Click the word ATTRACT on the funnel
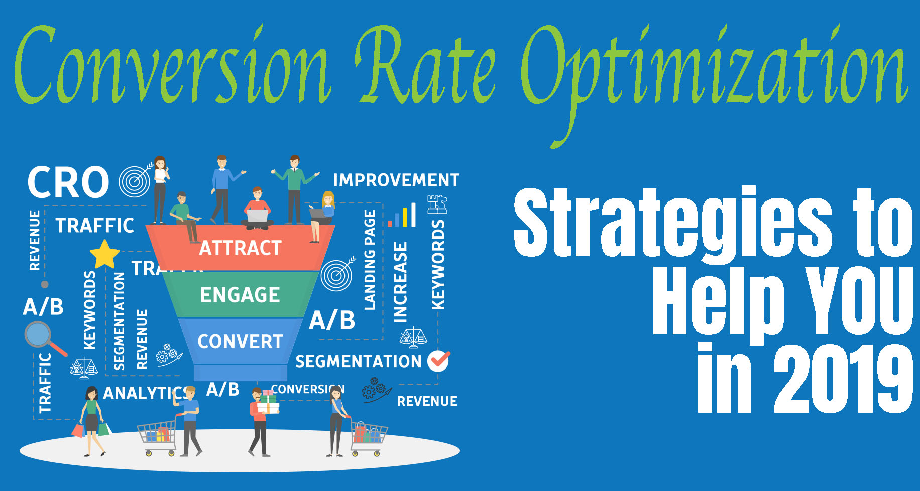240,248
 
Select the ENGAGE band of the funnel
240,295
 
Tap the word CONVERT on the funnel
240,342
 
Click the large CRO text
68,182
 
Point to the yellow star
104,255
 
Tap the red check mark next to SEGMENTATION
438,361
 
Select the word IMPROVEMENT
396,180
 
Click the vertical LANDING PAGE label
370,260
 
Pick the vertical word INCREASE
400,282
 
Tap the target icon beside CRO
135,181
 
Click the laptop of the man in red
257,216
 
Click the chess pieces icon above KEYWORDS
437,204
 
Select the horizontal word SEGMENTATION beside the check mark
358,361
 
